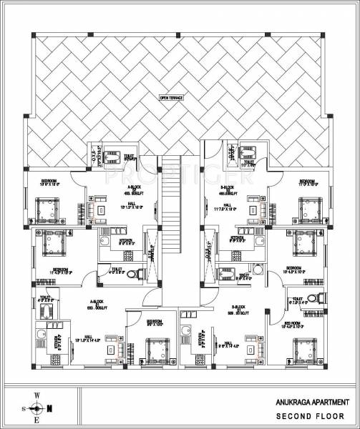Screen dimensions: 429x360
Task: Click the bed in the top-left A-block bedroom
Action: pos(49,207)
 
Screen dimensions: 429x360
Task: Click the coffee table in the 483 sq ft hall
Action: pos(102,211)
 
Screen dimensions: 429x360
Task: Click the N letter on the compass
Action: pos(49,409)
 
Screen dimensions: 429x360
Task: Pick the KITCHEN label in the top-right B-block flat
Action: pos(235,238)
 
